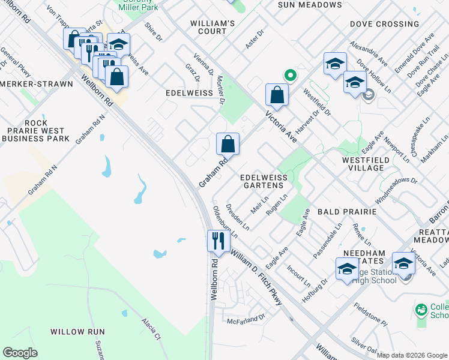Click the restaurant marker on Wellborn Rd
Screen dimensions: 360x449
tap(218, 241)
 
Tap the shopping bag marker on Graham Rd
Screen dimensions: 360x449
tap(228, 144)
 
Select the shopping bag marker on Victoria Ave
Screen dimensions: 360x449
tap(277, 94)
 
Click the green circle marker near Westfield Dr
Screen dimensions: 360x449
tap(290, 76)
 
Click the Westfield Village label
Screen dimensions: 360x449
tap(370, 164)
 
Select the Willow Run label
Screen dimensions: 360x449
tap(77, 331)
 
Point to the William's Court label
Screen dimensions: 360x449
tap(212, 27)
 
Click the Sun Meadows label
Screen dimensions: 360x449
tap(310, 5)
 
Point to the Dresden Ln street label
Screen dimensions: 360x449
tap(238, 217)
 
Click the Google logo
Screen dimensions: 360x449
tap(20, 353)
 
